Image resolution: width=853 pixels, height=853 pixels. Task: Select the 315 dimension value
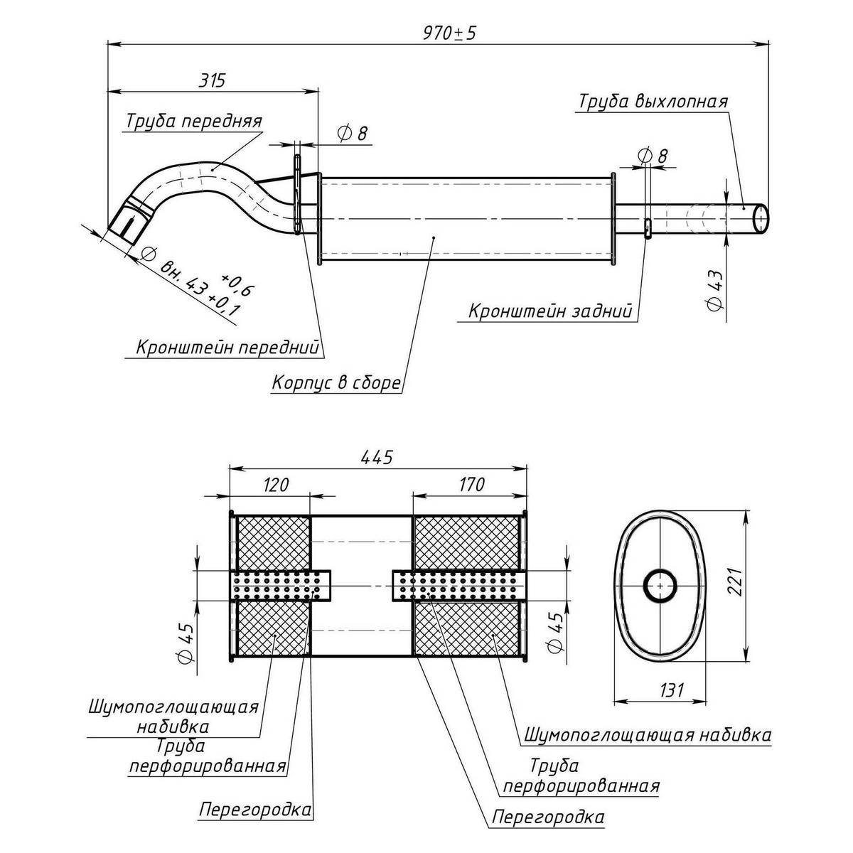tap(211, 80)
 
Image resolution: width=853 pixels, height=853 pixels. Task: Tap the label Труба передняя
tap(194, 122)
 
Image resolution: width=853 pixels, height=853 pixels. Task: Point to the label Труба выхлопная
tap(653, 101)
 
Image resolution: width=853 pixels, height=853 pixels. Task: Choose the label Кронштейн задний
tap(549, 311)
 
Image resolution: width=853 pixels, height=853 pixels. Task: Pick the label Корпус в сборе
tap(336, 383)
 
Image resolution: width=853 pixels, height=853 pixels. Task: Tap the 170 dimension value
tap(471, 485)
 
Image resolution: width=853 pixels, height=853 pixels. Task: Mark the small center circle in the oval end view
tap(661, 586)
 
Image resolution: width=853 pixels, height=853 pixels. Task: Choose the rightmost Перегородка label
tap(548, 817)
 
